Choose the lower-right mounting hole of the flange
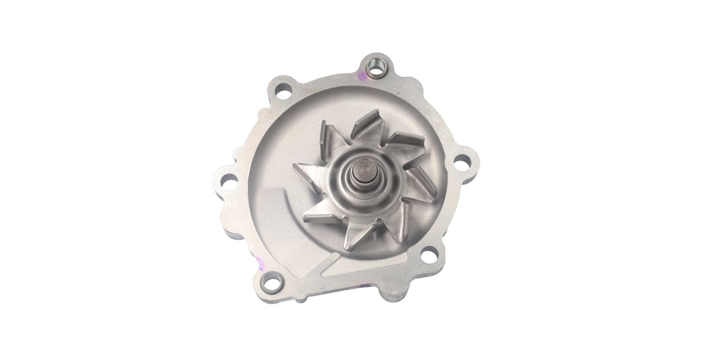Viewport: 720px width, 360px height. click(428, 256)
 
